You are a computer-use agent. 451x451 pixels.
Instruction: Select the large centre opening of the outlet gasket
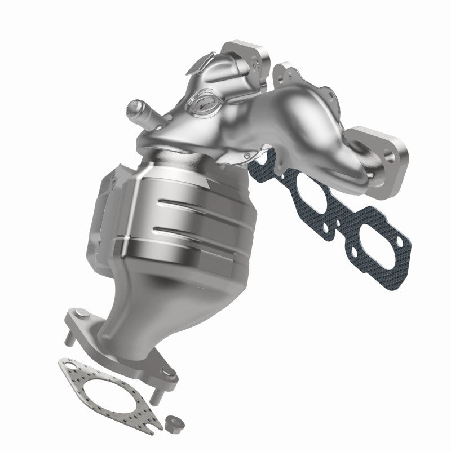click(107, 395)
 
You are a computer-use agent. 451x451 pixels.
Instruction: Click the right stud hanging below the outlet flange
click(160, 395)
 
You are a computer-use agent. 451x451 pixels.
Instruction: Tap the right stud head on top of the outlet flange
click(167, 372)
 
